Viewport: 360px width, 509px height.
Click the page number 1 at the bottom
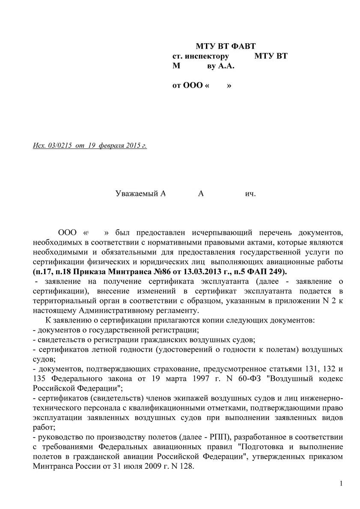(341, 484)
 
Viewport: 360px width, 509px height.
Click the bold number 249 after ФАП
(279, 272)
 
